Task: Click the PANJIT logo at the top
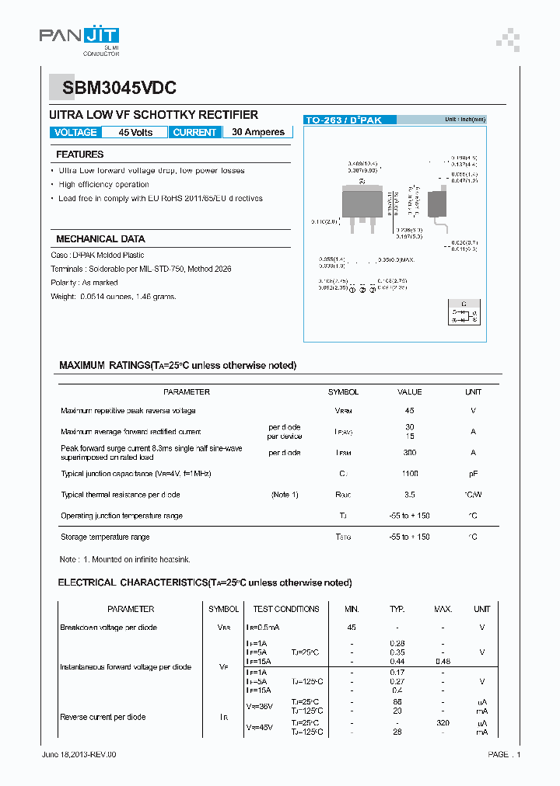pos(79,37)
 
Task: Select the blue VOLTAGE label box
pos(75,132)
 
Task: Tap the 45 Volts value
pos(135,132)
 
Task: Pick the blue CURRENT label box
pos(194,132)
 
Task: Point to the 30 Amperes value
pos(258,132)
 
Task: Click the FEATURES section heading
pos(79,155)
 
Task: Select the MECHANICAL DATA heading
pos(100,239)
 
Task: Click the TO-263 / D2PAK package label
pos(343,120)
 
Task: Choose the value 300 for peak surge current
pos(409,452)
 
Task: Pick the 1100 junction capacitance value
pos(409,473)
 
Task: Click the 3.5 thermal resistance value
pos(409,495)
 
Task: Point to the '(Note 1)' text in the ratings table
pos(285,495)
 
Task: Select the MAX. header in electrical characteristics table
pos(443,609)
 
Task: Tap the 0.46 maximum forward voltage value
pos(443,661)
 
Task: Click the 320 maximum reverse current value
pos(443,722)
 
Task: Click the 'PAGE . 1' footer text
pos(504,754)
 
